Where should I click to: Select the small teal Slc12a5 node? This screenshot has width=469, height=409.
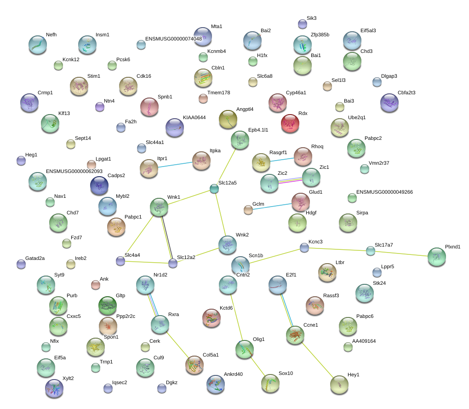214,189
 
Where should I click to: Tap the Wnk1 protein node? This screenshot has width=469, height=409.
159,207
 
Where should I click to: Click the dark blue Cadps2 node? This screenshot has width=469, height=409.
99,185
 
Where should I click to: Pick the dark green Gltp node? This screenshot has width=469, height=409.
108,305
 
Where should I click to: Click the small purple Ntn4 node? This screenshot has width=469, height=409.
100,107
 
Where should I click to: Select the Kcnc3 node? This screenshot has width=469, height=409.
304,248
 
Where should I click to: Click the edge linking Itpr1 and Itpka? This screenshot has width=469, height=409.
175,165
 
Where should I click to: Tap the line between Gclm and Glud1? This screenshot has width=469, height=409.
272,207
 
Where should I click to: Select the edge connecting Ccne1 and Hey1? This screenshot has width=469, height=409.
317,360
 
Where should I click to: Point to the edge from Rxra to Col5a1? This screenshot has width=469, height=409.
177,345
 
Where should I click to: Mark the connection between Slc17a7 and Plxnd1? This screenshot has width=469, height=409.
401,253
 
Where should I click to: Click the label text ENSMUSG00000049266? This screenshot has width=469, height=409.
384,192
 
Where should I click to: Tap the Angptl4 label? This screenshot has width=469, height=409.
245,109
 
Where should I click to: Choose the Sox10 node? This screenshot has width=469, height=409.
270,383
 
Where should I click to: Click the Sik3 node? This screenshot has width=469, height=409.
303,24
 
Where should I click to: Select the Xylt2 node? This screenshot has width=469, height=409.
54,388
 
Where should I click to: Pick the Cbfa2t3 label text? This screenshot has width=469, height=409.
406,93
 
